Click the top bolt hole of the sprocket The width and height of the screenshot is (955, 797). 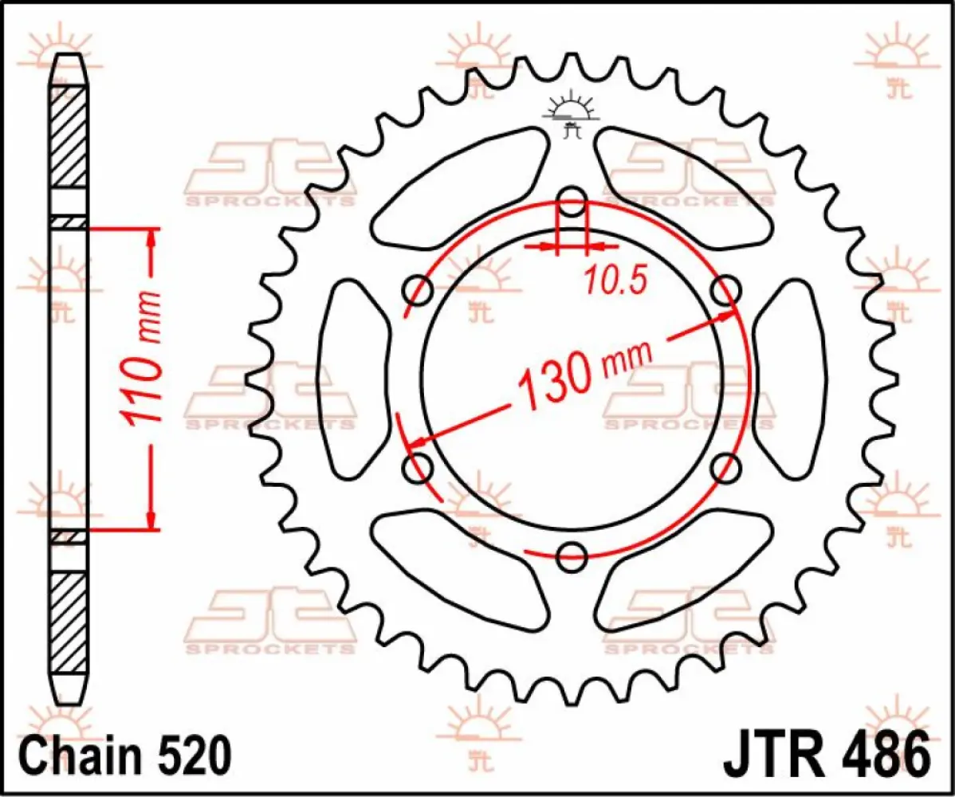click(572, 202)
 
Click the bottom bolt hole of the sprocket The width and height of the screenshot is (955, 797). click(572, 557)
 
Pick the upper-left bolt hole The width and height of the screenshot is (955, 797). click(418, 290)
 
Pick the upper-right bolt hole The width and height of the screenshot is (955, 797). click(725, 291)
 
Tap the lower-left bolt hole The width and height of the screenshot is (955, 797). click(418, 468)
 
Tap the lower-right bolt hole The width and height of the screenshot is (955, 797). click(725, 468)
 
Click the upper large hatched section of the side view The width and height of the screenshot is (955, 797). click(69, 135)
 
